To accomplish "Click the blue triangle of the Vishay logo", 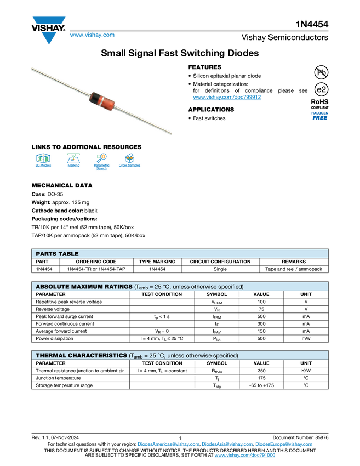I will pyautogui.click(x=49, y=38).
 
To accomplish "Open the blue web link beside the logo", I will pyautogui.click(x=92, y=36).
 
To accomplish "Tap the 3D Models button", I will pyautogui.click(x=43, y=161).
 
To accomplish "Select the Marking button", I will pyautogui.click(x=73, y=161).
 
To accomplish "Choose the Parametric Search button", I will pyautogui.click(x=101, y=161).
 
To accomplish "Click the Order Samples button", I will pyautogui.click(x=130, y=161).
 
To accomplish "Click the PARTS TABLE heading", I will pyautogui.click(x=57, y=254).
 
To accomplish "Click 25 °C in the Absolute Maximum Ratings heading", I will pyautogui.click(x=157, y=287).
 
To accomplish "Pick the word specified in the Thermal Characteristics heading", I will pyautogui.click(x=225, y=355).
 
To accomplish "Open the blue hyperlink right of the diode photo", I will pyautogui.click(x=227, y=98).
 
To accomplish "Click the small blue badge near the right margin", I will pyautogui.click(x=319, y=115).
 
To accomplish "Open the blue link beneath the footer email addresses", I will pyautogui.click(x=244, y=456).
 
